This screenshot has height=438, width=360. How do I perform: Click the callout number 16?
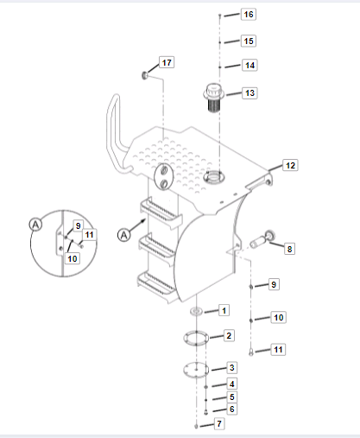[249, 15]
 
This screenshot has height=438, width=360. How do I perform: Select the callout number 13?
[249, 93]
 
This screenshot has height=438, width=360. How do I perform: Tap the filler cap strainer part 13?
[213, 98]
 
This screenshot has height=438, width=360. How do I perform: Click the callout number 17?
[167, 62]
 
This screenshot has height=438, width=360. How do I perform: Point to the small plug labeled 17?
[145, 75]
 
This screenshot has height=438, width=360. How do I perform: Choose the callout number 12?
[290, 166]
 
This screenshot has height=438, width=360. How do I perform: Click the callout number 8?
[289, 249]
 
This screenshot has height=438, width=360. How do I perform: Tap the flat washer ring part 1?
[196, 311]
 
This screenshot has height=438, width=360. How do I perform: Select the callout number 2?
[229, 336]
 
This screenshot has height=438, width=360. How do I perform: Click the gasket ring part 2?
[196, 338]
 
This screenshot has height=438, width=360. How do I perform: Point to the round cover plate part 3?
[196, 370]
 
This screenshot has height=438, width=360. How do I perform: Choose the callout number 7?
[219, 423]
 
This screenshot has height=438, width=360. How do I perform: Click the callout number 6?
[232, 409]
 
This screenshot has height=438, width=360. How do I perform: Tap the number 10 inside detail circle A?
[73, 258]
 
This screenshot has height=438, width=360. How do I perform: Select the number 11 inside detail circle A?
[89, 235]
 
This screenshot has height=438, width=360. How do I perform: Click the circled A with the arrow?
[124, 235]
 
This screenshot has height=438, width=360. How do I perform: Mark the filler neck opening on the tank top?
[213, 176]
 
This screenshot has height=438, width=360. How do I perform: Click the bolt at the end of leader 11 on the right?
[251, 352]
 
